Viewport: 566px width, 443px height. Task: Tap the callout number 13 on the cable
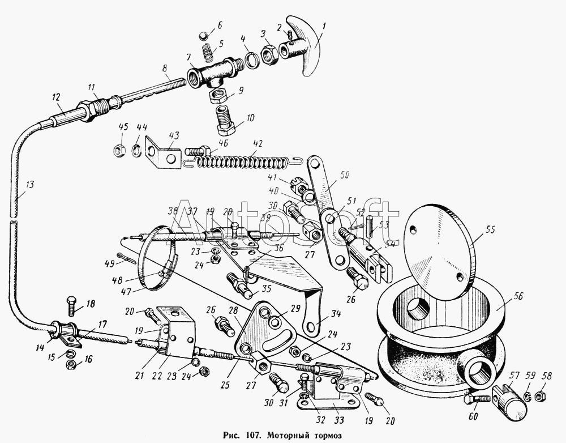(29, 184)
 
